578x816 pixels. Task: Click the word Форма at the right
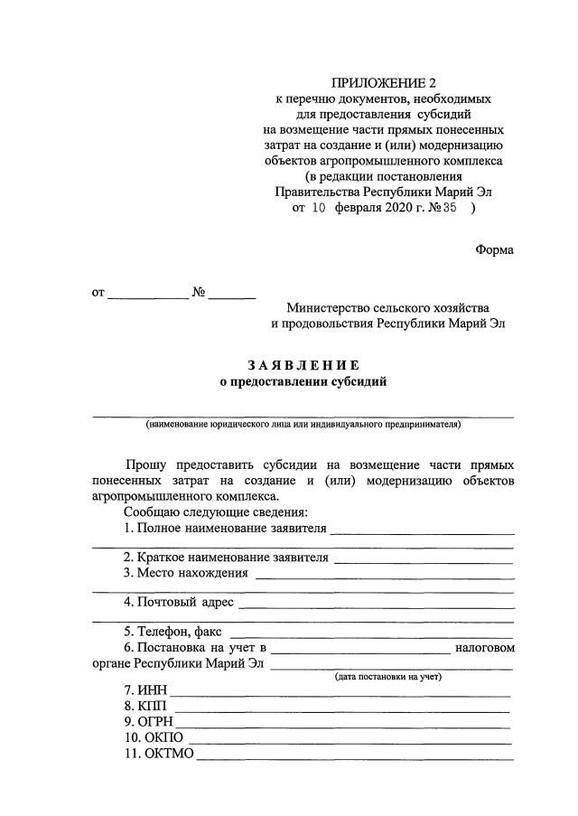(494, 249)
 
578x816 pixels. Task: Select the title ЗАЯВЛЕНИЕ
(303, 365)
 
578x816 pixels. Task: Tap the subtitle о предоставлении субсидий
(303, 382)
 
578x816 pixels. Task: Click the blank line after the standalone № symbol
(234, 296)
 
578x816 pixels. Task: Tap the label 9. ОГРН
(147, 722)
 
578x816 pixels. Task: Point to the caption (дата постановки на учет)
(388, 677)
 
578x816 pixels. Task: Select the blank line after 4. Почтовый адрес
(376, 605)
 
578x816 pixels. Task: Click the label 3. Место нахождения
(185, 573)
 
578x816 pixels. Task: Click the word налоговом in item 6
(485, 647)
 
